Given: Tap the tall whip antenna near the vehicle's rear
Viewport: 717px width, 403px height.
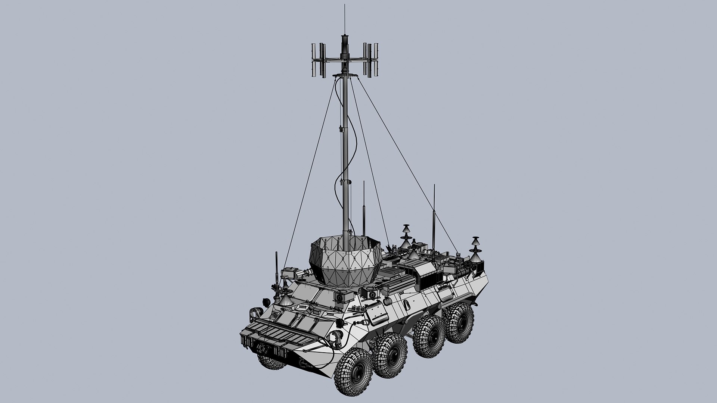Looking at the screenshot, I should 434,216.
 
